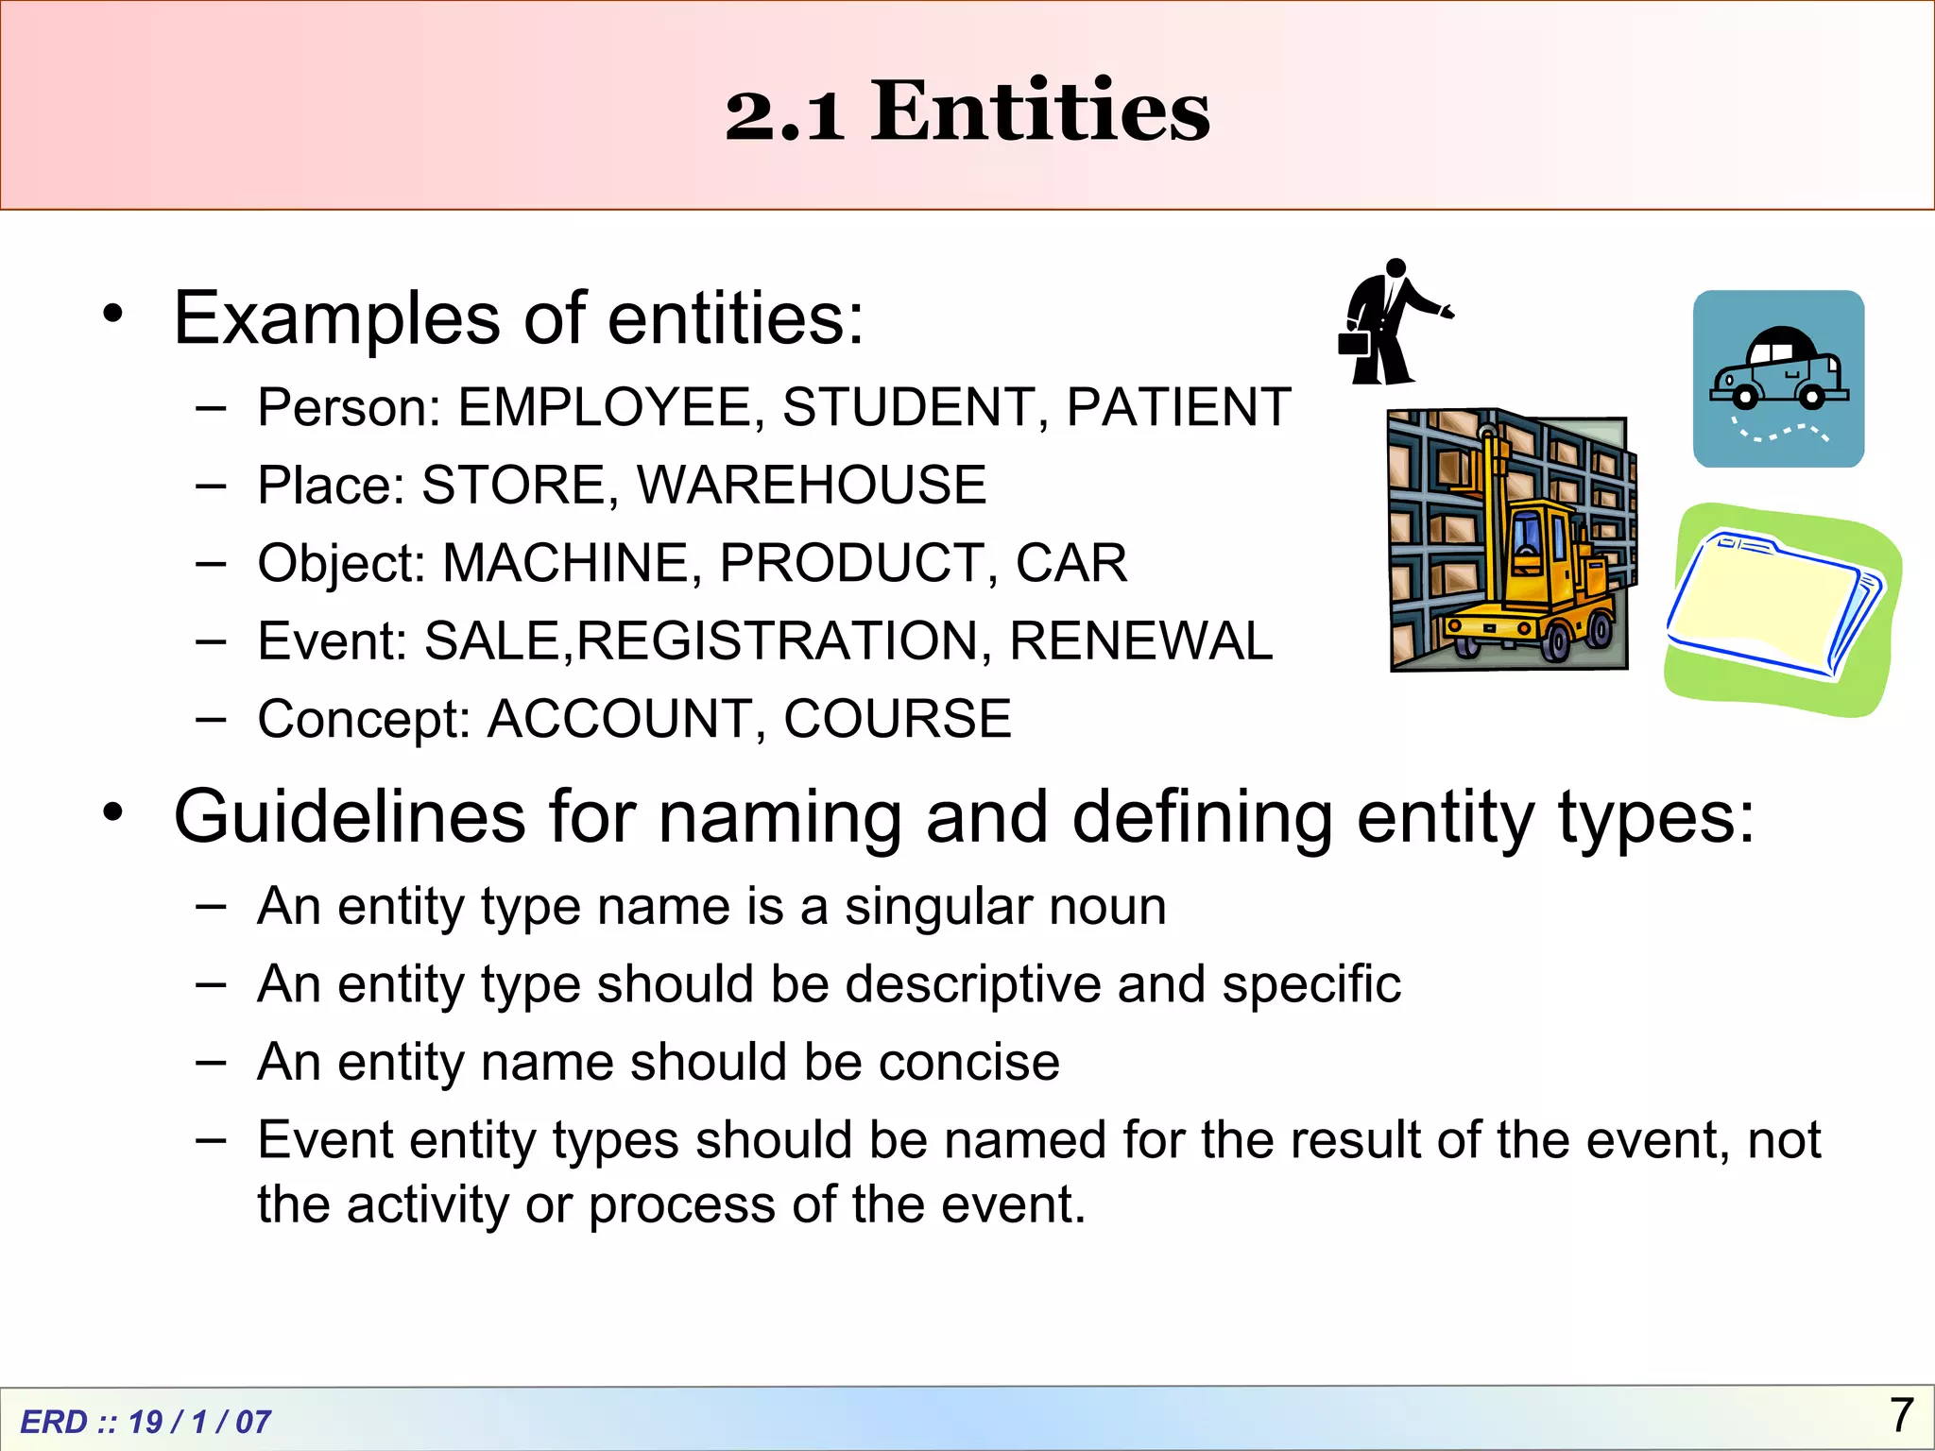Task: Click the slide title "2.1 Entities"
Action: (967, 111)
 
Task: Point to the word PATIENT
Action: (1178, 408)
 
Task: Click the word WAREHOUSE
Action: (812, 486)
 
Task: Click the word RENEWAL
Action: (1140, 641)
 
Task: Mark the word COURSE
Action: (897, 719)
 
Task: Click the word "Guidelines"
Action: (350, 817)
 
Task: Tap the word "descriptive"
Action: (972, 985)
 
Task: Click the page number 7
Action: (1901, 1415)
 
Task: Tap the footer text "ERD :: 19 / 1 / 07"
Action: (146, 1422)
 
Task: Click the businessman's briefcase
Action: (1355, 342)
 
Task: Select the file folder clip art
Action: (1774, 605)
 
